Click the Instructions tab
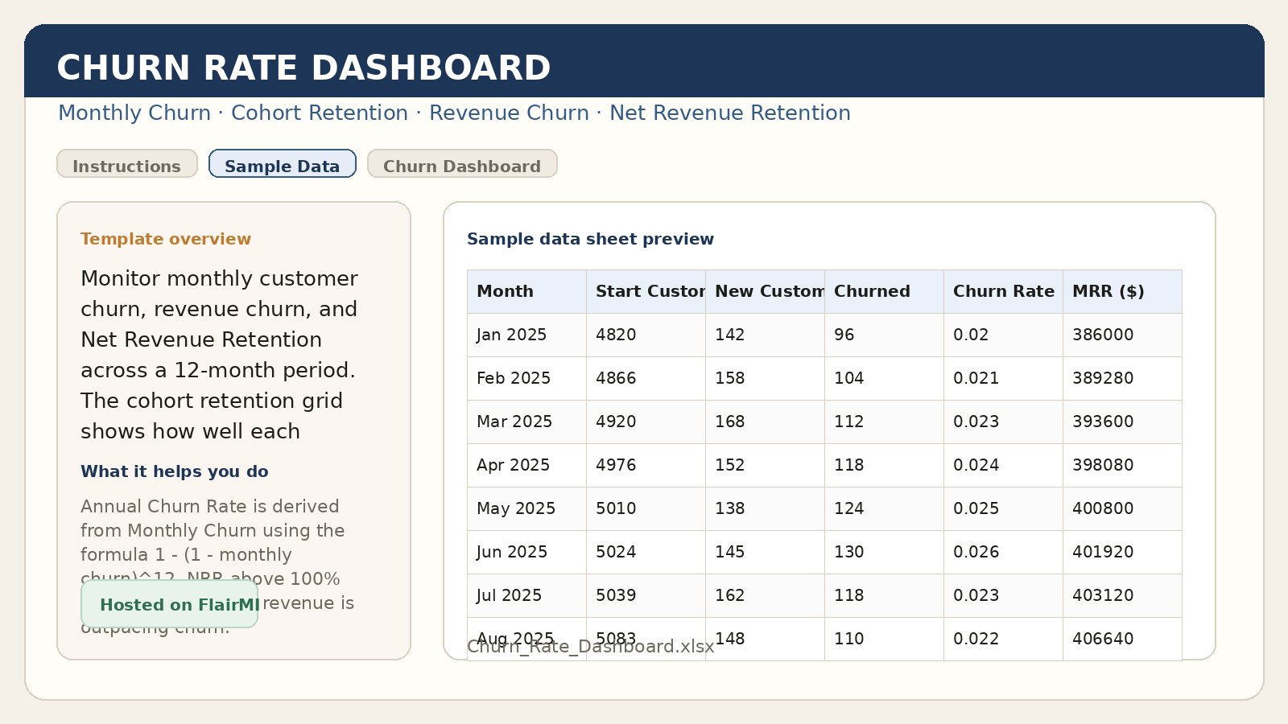[127, 164]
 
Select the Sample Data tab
[282, 164]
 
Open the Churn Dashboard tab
[462, 164]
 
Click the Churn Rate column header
[1003, 291]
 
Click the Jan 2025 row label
[512, 335]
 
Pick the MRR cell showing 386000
[1103, 335]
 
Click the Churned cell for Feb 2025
[849, 378]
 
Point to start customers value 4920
[616, 422]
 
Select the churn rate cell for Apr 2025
[976, 465]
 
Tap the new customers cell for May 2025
[730, 508]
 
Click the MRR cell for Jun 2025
[1103, 552]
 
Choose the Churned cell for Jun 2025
[849, 552]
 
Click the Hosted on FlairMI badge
[170, 604]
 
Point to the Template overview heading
[166, 239]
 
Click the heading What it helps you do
[175, 471]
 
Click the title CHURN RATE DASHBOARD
[303, 68]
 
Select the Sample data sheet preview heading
[590, 239]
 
